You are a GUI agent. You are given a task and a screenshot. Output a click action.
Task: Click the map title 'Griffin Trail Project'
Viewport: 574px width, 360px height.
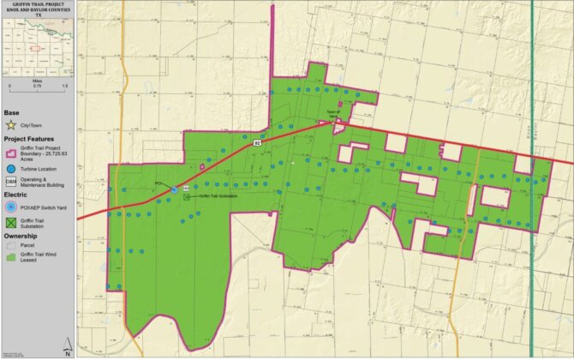38,4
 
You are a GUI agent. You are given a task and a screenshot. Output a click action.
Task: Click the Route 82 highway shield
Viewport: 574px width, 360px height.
257,145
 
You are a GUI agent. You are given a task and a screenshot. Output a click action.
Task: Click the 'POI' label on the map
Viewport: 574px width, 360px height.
158,183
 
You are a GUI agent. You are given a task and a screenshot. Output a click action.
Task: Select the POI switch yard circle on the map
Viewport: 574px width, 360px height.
174,189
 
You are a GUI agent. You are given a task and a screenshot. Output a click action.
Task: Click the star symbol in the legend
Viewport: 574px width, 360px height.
10,126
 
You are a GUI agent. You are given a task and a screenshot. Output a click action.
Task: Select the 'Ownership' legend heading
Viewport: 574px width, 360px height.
21,237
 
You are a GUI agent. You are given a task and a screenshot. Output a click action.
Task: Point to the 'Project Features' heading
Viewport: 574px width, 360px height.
29,138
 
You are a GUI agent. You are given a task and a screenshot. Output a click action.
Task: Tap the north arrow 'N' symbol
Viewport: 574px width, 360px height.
67,348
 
